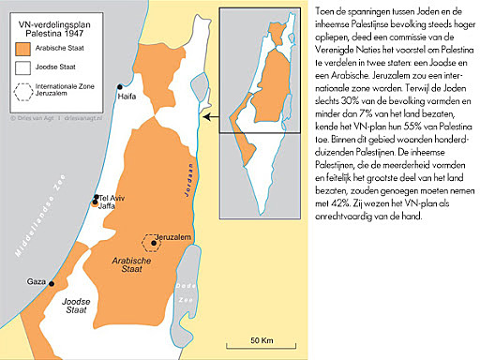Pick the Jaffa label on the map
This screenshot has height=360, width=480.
pyautogui.click(x=110, y=209)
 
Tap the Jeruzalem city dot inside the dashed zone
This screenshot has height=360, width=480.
pyautogui.click(x=154, y=242)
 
